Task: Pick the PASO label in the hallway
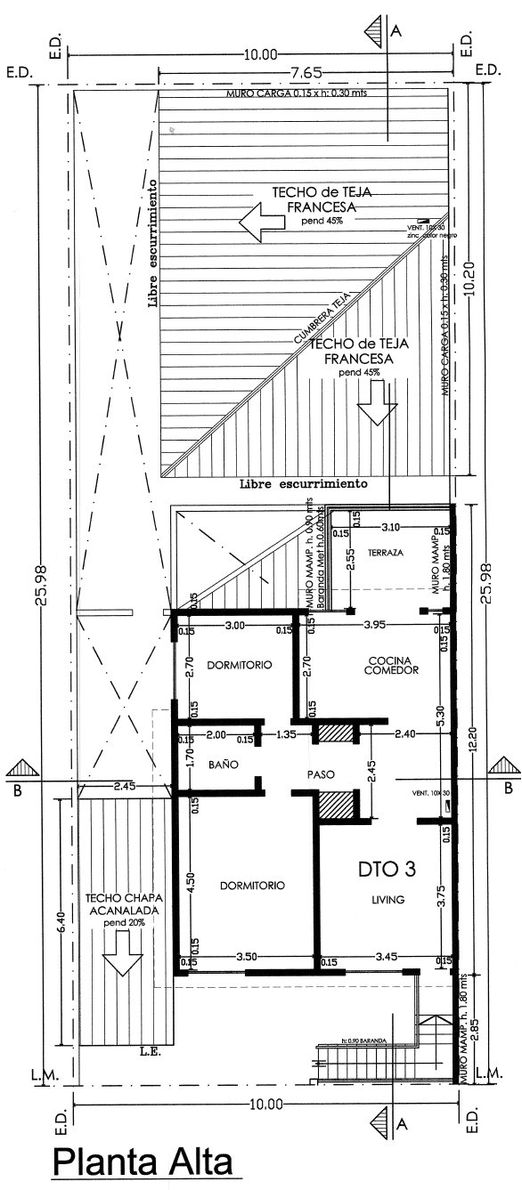[x=320, y=774]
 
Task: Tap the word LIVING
[x=387, y=900]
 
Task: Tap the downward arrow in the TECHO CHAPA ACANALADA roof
[x=121, y=960]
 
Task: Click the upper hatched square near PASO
[x=336, y=732]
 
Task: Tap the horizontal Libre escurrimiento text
[x=304, y=484]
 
